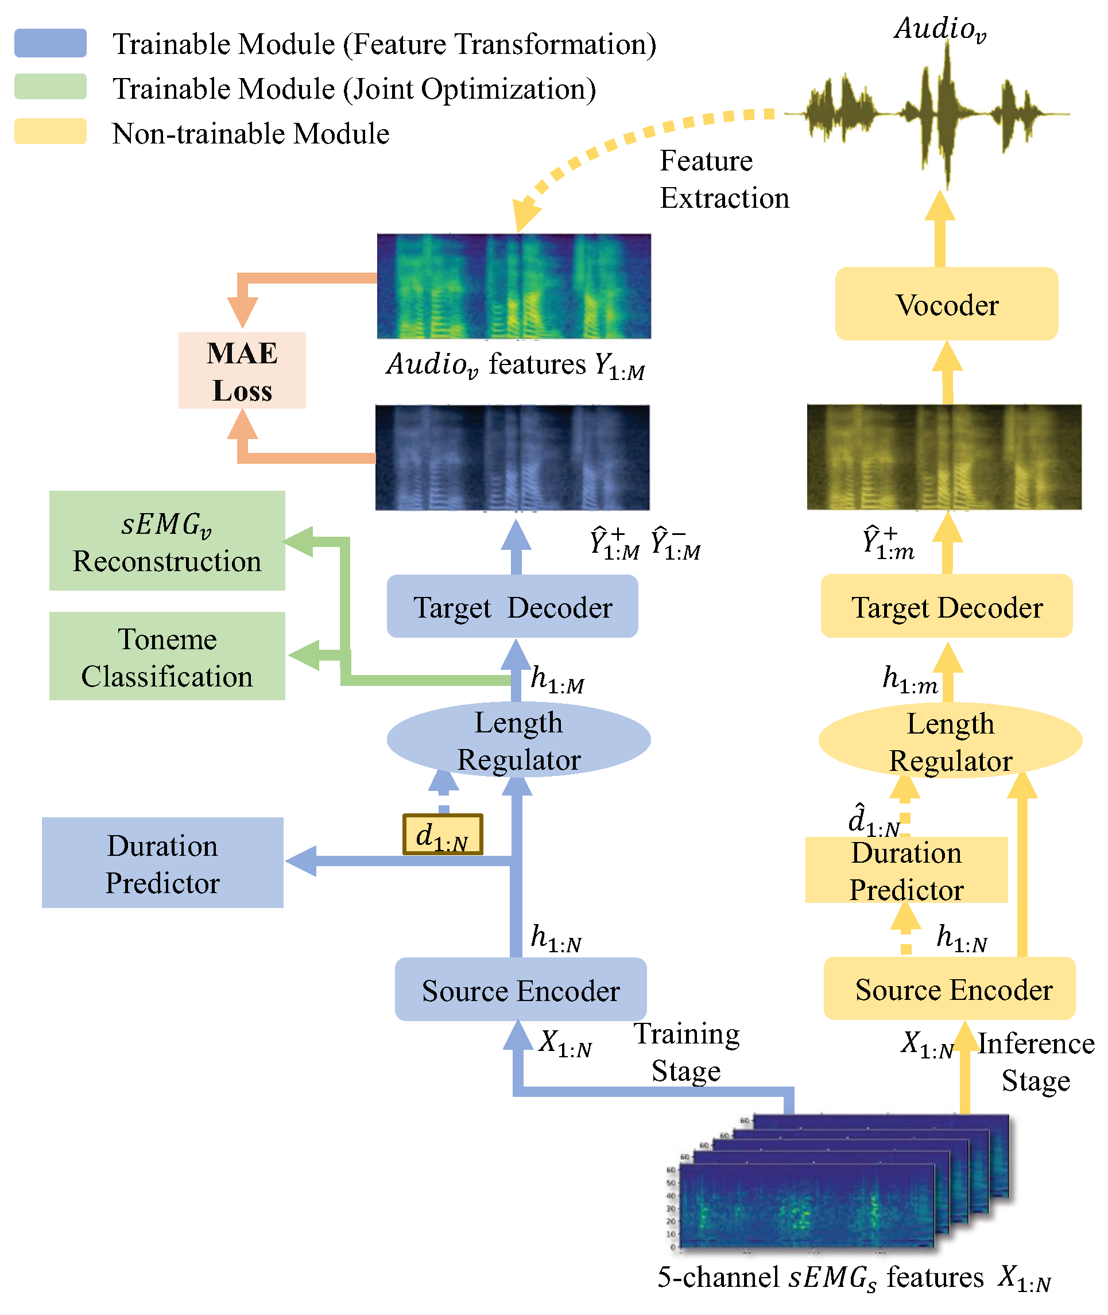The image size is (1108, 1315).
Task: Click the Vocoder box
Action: coord(946,304)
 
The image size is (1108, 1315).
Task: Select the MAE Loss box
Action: coord(242,371)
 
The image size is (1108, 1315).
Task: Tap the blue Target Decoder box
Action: coord(512,607)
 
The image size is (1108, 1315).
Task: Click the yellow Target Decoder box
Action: coord(946,607)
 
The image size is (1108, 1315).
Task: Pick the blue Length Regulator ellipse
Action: coord(518,740)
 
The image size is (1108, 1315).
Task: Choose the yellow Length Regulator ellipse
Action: coord(950,741)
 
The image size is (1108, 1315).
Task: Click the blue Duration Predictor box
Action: coord(162,863)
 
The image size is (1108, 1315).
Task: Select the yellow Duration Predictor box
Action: coord(906,870)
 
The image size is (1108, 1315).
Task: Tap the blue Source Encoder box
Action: coord(520,990)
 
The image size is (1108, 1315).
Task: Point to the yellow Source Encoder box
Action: coord(950,989)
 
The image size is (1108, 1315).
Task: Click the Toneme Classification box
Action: coord(167,657)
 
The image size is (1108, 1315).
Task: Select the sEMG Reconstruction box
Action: coord(167,541)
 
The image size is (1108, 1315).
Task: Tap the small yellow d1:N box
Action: coord(443,835)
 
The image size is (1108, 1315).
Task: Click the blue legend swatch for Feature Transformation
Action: coord(51,43)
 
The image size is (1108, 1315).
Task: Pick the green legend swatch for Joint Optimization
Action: coord(51,87)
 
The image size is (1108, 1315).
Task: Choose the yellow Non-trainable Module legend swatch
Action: coord(51,132)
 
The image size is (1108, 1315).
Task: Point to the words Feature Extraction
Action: coord(723,180)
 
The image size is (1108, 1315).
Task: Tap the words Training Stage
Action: coord(686,1052)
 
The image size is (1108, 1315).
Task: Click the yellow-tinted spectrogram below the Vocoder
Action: coord(943,457)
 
